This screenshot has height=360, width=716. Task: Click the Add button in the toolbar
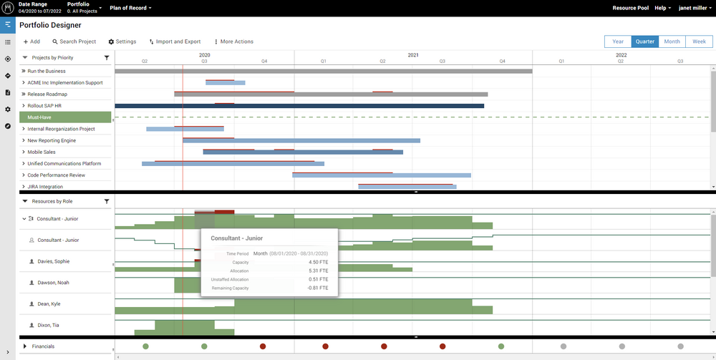click(x=32, y=42)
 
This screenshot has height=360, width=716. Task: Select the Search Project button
click(x=74, y=42)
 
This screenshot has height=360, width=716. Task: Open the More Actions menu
click(x=233, y=42)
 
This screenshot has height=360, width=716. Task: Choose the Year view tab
click(x=617, y=42)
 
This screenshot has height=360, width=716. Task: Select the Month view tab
click(x=672, y=42)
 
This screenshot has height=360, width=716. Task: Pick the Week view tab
click(x=699, y=42)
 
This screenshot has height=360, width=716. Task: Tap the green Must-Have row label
click(x=39, y=117)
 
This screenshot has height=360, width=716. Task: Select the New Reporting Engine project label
click(x=52, y=140)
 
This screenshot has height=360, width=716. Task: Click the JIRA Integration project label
click(x=45, y=187)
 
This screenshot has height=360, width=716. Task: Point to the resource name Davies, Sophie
click(x=53, y=261)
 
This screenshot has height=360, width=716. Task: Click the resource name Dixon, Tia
click(x=49, y=326)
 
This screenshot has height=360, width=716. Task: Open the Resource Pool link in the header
click(x=630, y=8)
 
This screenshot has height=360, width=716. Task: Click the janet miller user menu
click(x=694, y=8)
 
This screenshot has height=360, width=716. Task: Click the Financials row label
click(x=43, y=346)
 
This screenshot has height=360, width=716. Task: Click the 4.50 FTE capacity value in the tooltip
click(x=319, y=262)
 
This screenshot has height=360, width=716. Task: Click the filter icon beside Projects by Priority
click(x=107, y=58)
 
